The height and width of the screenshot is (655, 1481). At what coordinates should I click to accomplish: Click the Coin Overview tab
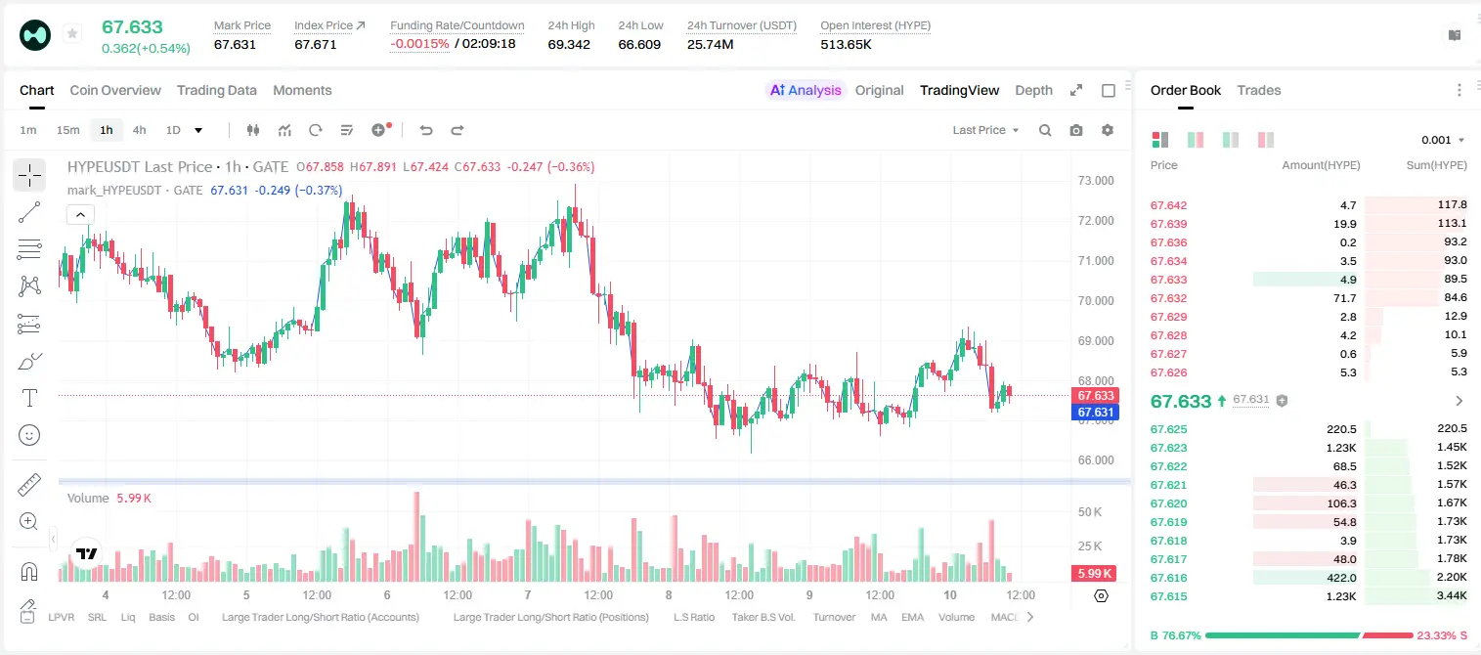pyautogui.click(x=115, y=90)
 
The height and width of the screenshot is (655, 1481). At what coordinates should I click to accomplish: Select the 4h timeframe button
pyautogui.click(x=139, y=130)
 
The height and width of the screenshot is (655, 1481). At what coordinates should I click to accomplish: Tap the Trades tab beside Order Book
pyautogui.click(x=1259, y=90)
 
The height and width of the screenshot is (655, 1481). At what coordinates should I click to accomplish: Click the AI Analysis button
pyautogui.click(x=806, y=90)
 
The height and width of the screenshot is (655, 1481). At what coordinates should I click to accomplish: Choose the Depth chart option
pyautogui.click(x=1033, y=90)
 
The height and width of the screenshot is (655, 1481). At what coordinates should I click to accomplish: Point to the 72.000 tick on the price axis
pyautogui.click(x=1096, y=221)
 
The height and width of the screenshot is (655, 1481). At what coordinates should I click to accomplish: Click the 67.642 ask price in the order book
pyautogui.click(x=1168, y=205)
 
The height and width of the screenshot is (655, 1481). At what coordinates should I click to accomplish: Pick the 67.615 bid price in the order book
pyautogui.click(x=1168, y=596)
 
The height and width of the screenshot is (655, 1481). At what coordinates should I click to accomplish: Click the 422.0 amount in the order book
pyautogui.click(x=1341, y=578)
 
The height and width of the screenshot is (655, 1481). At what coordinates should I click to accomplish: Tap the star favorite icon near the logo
pyautogui.click(x=72, y=33)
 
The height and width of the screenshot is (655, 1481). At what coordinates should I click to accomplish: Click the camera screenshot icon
pyautogui.click(x=1076, y=130)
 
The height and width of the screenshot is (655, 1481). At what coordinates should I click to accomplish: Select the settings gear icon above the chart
pyautogui.click(x=1108, y=130)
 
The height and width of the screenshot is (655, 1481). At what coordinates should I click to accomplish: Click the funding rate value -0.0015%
pyautogui.click(x=419, y=44)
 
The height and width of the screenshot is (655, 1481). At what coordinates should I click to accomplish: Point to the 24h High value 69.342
pyautogui.click(x=569, y=44)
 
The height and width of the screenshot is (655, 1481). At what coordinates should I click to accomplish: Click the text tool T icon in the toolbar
pyautogui.click(x=29, y=399)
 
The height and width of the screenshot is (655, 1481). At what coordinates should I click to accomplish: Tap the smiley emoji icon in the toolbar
pyautogui.click(x=29, y=435)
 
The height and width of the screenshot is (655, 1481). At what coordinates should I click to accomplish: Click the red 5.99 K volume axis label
pyautogui.click(x=1094, y=574)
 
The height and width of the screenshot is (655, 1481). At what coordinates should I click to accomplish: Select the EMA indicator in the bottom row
pyautogui.click(x=912, y=617)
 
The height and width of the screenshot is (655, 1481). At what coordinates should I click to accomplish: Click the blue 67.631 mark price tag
pyautogui.click(x=1095, y=413)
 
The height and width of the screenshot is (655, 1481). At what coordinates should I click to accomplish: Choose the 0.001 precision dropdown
pyautogui.click(x=1443, y=140)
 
